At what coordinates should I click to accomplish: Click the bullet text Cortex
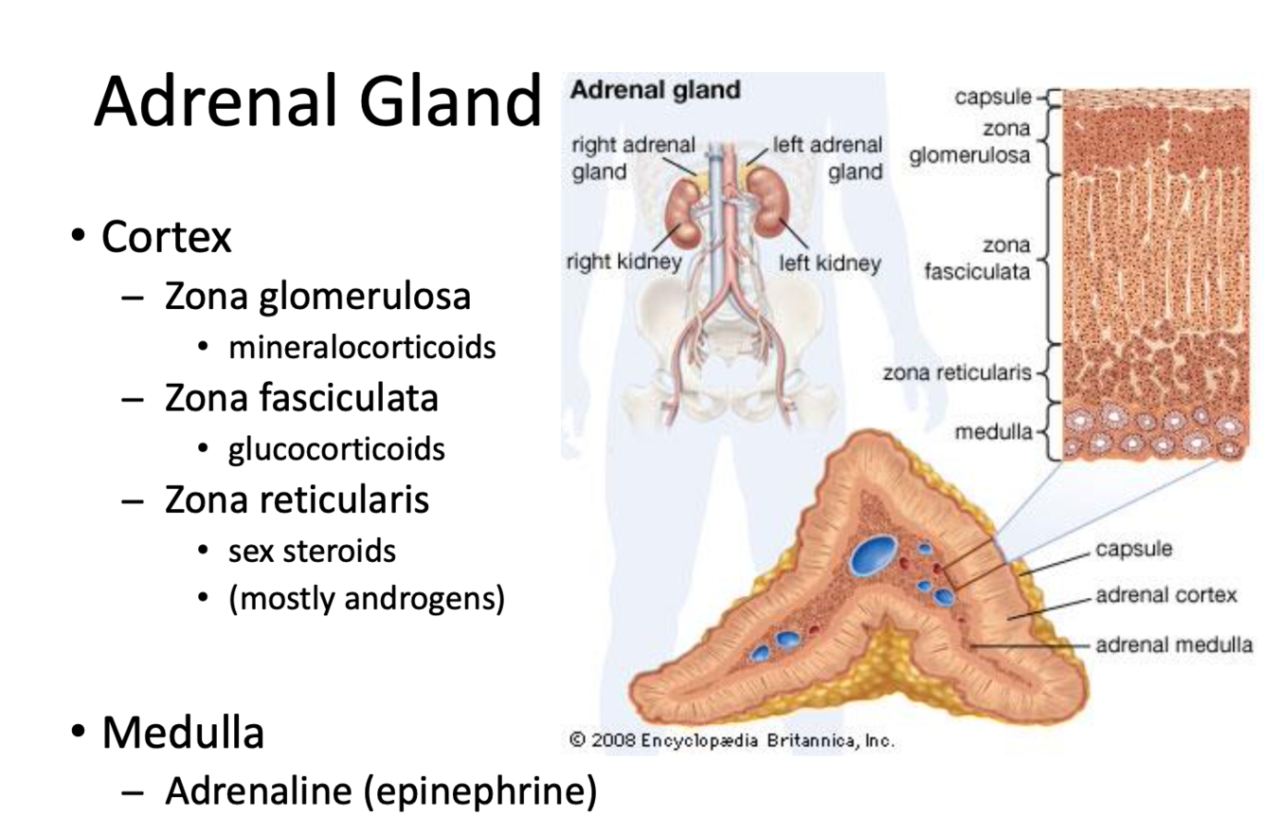pos(166,237)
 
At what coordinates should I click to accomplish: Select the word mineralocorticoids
pos(361,348)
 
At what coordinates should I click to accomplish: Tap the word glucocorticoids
pos(335,448)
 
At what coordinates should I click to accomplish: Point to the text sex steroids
pos(311,550)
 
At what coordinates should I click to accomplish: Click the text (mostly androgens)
pos(365,599)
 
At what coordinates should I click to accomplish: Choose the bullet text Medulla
pos(182,733)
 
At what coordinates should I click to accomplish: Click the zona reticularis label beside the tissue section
pos(956,372)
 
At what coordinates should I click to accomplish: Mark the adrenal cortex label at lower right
pos(1165,595)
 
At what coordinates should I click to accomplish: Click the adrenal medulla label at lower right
pos(1174,644)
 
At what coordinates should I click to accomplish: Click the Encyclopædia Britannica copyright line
pos(732,740)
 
